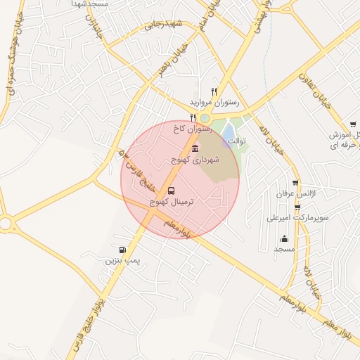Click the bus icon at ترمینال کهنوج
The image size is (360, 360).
[x=172, y=191]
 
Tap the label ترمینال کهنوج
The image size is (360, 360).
[x=172, y=202]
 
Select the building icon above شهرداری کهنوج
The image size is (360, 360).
[x=195, y=148]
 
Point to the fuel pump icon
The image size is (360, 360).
[x=123, y=250]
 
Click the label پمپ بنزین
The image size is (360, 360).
[x=123, y=261]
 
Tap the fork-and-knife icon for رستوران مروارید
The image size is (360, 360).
[x=214, y=91]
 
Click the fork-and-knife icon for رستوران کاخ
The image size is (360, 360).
[x=193, y=118]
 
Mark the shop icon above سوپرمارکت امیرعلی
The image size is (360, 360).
[x=297, y=207]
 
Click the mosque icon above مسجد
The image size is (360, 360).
[x=284, y=238]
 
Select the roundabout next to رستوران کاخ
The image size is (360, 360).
[x=205, y=119]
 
